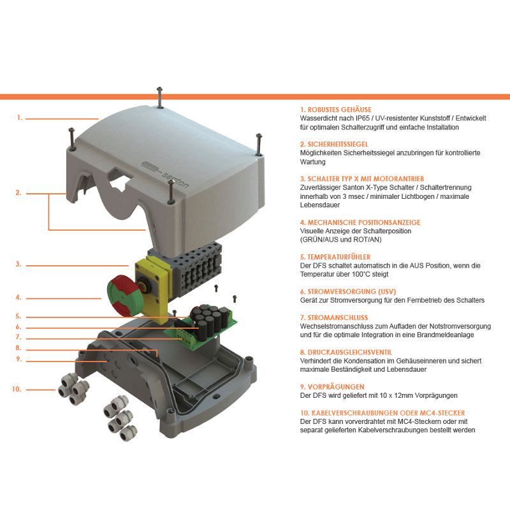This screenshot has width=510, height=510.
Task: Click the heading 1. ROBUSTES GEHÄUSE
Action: tap(335, 110)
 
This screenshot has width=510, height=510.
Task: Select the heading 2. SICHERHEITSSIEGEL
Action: tap(334, 144)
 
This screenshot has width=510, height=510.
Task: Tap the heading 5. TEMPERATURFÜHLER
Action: tap(335, 257)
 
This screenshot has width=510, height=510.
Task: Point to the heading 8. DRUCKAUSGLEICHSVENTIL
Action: tap(346, 353)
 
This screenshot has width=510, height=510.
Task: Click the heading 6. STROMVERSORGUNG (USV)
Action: tap(348, 291)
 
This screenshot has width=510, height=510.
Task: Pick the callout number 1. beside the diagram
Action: tap(20, 118)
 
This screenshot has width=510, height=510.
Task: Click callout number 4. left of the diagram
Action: tap(18, 297)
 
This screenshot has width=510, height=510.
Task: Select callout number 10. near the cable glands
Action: tap(17, 389)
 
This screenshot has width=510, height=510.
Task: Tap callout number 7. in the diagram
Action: tap(18, 337)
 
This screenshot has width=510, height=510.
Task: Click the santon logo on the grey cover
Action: tap(166, 173)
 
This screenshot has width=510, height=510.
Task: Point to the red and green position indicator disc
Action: tap(124, 295)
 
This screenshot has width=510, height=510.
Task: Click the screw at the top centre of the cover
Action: tap(159, 97)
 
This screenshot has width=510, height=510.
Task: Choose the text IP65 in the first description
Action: tap(361, 119)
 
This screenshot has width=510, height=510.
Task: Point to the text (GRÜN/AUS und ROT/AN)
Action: tap(340, 240)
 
